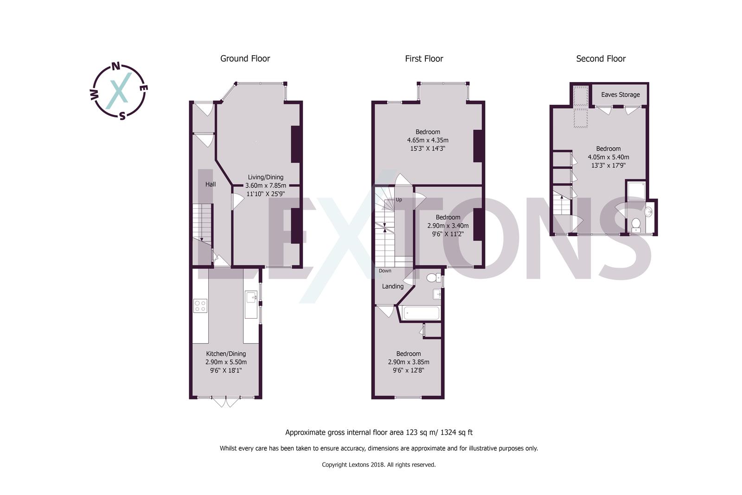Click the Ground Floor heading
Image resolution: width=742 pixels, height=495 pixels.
(245, 58)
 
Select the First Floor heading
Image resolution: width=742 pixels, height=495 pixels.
(424, 58)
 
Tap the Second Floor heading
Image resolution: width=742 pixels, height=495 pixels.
(601, 58)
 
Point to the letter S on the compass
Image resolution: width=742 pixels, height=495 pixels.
(122, 116)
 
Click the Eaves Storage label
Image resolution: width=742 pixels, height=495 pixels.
(620, 95)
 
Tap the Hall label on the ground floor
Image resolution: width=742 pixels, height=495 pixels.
(211, 184)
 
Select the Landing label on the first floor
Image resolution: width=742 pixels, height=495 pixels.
(392, 286)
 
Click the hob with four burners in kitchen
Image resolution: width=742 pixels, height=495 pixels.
(200, 306)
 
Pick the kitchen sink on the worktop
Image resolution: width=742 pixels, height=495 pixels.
(251, 297)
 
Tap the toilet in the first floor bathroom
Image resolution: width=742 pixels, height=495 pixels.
(432, 278)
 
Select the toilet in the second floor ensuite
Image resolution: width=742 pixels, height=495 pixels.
(636, 225)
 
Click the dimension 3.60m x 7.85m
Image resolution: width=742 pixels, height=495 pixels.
(265, 186)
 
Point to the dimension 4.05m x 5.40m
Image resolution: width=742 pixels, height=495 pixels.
(608, 157)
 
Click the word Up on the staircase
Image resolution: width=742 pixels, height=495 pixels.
(399, 200)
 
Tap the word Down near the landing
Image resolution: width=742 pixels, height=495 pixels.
(385, 271)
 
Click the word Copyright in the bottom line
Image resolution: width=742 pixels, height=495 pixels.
(334, 464)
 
